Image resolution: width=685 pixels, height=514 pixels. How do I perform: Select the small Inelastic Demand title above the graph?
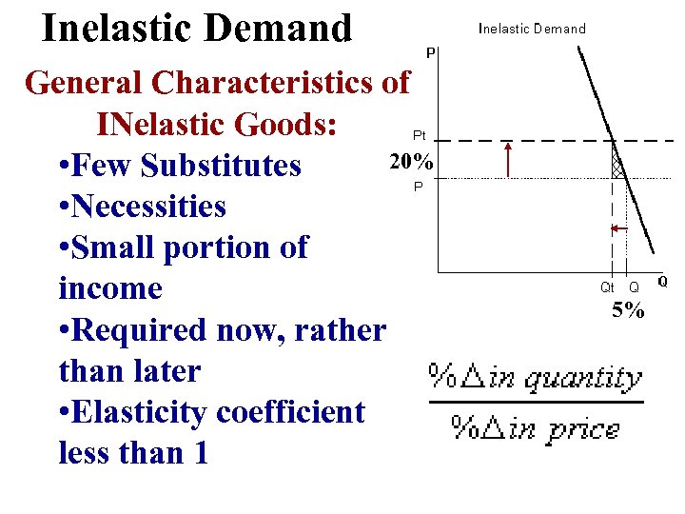(532, 29)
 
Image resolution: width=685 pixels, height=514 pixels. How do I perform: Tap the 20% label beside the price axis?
(410, 162)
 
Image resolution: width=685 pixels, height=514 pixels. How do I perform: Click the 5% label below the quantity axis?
(628, 309)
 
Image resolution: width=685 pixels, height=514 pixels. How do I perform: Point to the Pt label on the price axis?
(419, 136)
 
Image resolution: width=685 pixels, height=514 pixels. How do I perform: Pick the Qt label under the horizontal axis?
(607, 287)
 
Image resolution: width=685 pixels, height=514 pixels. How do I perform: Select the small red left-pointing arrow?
(617, 228)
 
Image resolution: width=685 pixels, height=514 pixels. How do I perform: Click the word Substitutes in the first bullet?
(221, 166)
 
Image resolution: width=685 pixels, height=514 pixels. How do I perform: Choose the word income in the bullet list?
(110, 288)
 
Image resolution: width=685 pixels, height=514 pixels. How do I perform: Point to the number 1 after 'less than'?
(200, 453)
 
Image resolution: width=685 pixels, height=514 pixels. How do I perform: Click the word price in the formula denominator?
(581, 428)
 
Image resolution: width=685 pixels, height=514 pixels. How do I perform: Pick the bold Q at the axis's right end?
(662, 282)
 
